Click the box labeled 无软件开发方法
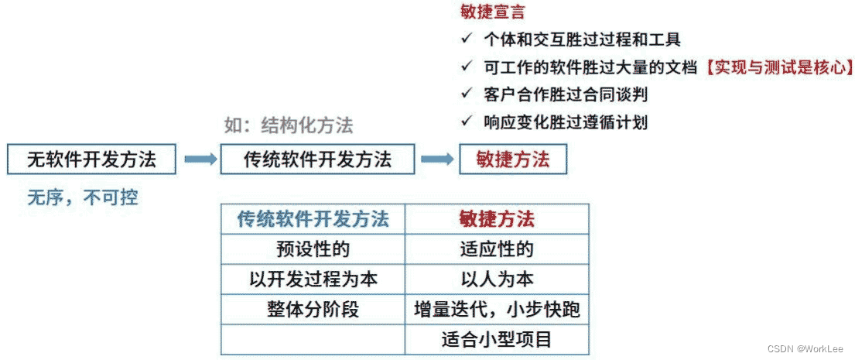(91, 159)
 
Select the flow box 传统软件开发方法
(317, 159)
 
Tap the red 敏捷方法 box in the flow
(513, 159)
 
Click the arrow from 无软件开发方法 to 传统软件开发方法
(201, 159)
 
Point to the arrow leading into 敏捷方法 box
(436, 159)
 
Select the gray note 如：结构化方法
(289, 125)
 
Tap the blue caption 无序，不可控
(83, 198)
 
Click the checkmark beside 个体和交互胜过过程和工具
(465, 39)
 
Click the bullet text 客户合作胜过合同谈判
(565, 94)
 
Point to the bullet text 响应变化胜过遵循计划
(565, 122)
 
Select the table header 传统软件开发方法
(313, 219)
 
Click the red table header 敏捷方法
(496, 219)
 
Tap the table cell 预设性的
(313, 249)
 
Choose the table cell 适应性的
(496, 249)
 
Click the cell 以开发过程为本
(313, 279)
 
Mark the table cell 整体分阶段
(313, 310)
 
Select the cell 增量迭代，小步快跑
(496, 310)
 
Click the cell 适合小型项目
(496, 340)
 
